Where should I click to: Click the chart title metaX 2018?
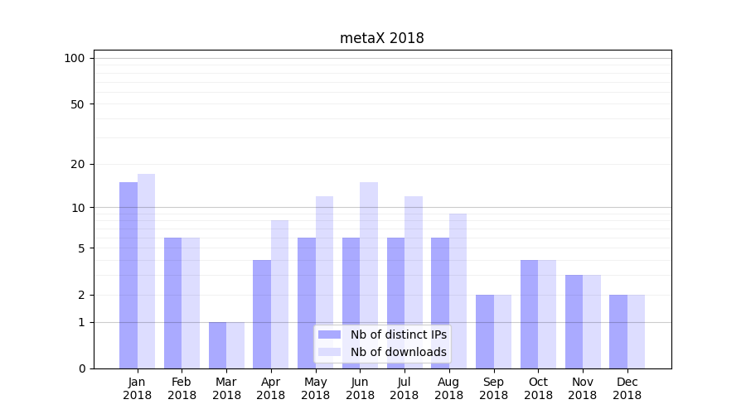click(x=381, y=38)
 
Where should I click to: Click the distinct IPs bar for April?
click(x=262, y=314)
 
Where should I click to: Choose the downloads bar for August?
click(x=458, y=291)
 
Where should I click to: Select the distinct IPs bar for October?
click(x=529, y=314)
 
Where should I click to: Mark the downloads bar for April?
click(x=279, y=294)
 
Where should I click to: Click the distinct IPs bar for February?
click(x=172, y=303)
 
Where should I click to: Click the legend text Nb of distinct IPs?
click(x=398, y=335)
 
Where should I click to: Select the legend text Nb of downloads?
click(x=398, y=352)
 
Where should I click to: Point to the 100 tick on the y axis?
click(x=75, y=58)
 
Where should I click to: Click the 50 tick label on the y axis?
click(x=78, y=104)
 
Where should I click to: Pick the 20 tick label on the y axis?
click(x=78, y=164)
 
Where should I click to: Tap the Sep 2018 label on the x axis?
click(x=493, y=388)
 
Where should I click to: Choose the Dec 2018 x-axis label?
click(x=627, y=388)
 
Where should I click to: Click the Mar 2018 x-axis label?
click(x=226, y=388)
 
